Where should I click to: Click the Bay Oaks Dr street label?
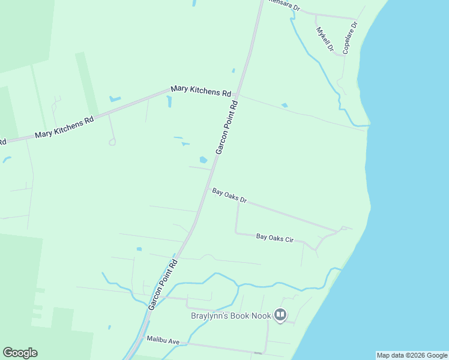(229, 196)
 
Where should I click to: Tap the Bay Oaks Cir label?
(275, 238)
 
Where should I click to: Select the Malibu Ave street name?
(163, 341)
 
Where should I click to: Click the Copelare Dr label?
(350, 38)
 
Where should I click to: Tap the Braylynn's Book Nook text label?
(231, 316)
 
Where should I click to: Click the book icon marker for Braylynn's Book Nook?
(280, 314)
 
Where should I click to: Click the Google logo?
(20, 353)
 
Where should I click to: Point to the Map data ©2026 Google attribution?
(412, 355)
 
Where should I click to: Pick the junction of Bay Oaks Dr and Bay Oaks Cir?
(238, 202)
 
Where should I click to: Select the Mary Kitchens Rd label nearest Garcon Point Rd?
(201, 91)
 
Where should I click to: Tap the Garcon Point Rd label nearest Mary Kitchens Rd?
(227, 128)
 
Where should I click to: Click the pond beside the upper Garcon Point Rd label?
(203, 160)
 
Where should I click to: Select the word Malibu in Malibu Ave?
(157, 340)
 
